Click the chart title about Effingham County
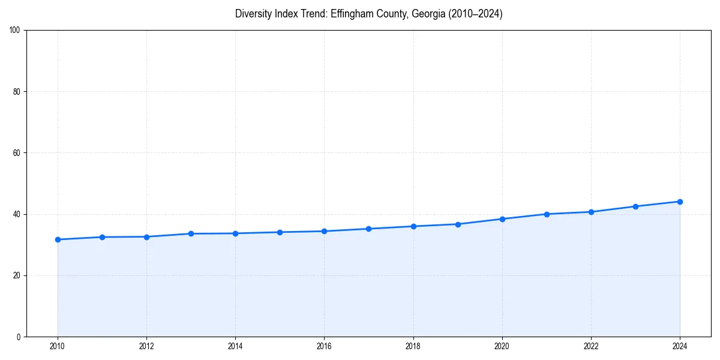(368, 14)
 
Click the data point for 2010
(58, 239)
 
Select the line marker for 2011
(102, 237)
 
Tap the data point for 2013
(191, 233)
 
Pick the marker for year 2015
(280, 232)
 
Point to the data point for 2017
(368, 229)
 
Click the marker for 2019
(458, 224)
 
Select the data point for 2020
(502, 219)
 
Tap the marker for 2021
(547, 214)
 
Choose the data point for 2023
(635, 206)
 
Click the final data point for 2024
(680, 202)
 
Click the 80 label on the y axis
(17, 92)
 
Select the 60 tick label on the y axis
(17, 153)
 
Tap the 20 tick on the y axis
(17, 275)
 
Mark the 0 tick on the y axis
(19, 337)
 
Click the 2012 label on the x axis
(146, 346)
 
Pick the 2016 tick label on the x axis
(324, 346)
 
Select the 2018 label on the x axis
(413, 346)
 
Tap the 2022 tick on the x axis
(591, 346)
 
